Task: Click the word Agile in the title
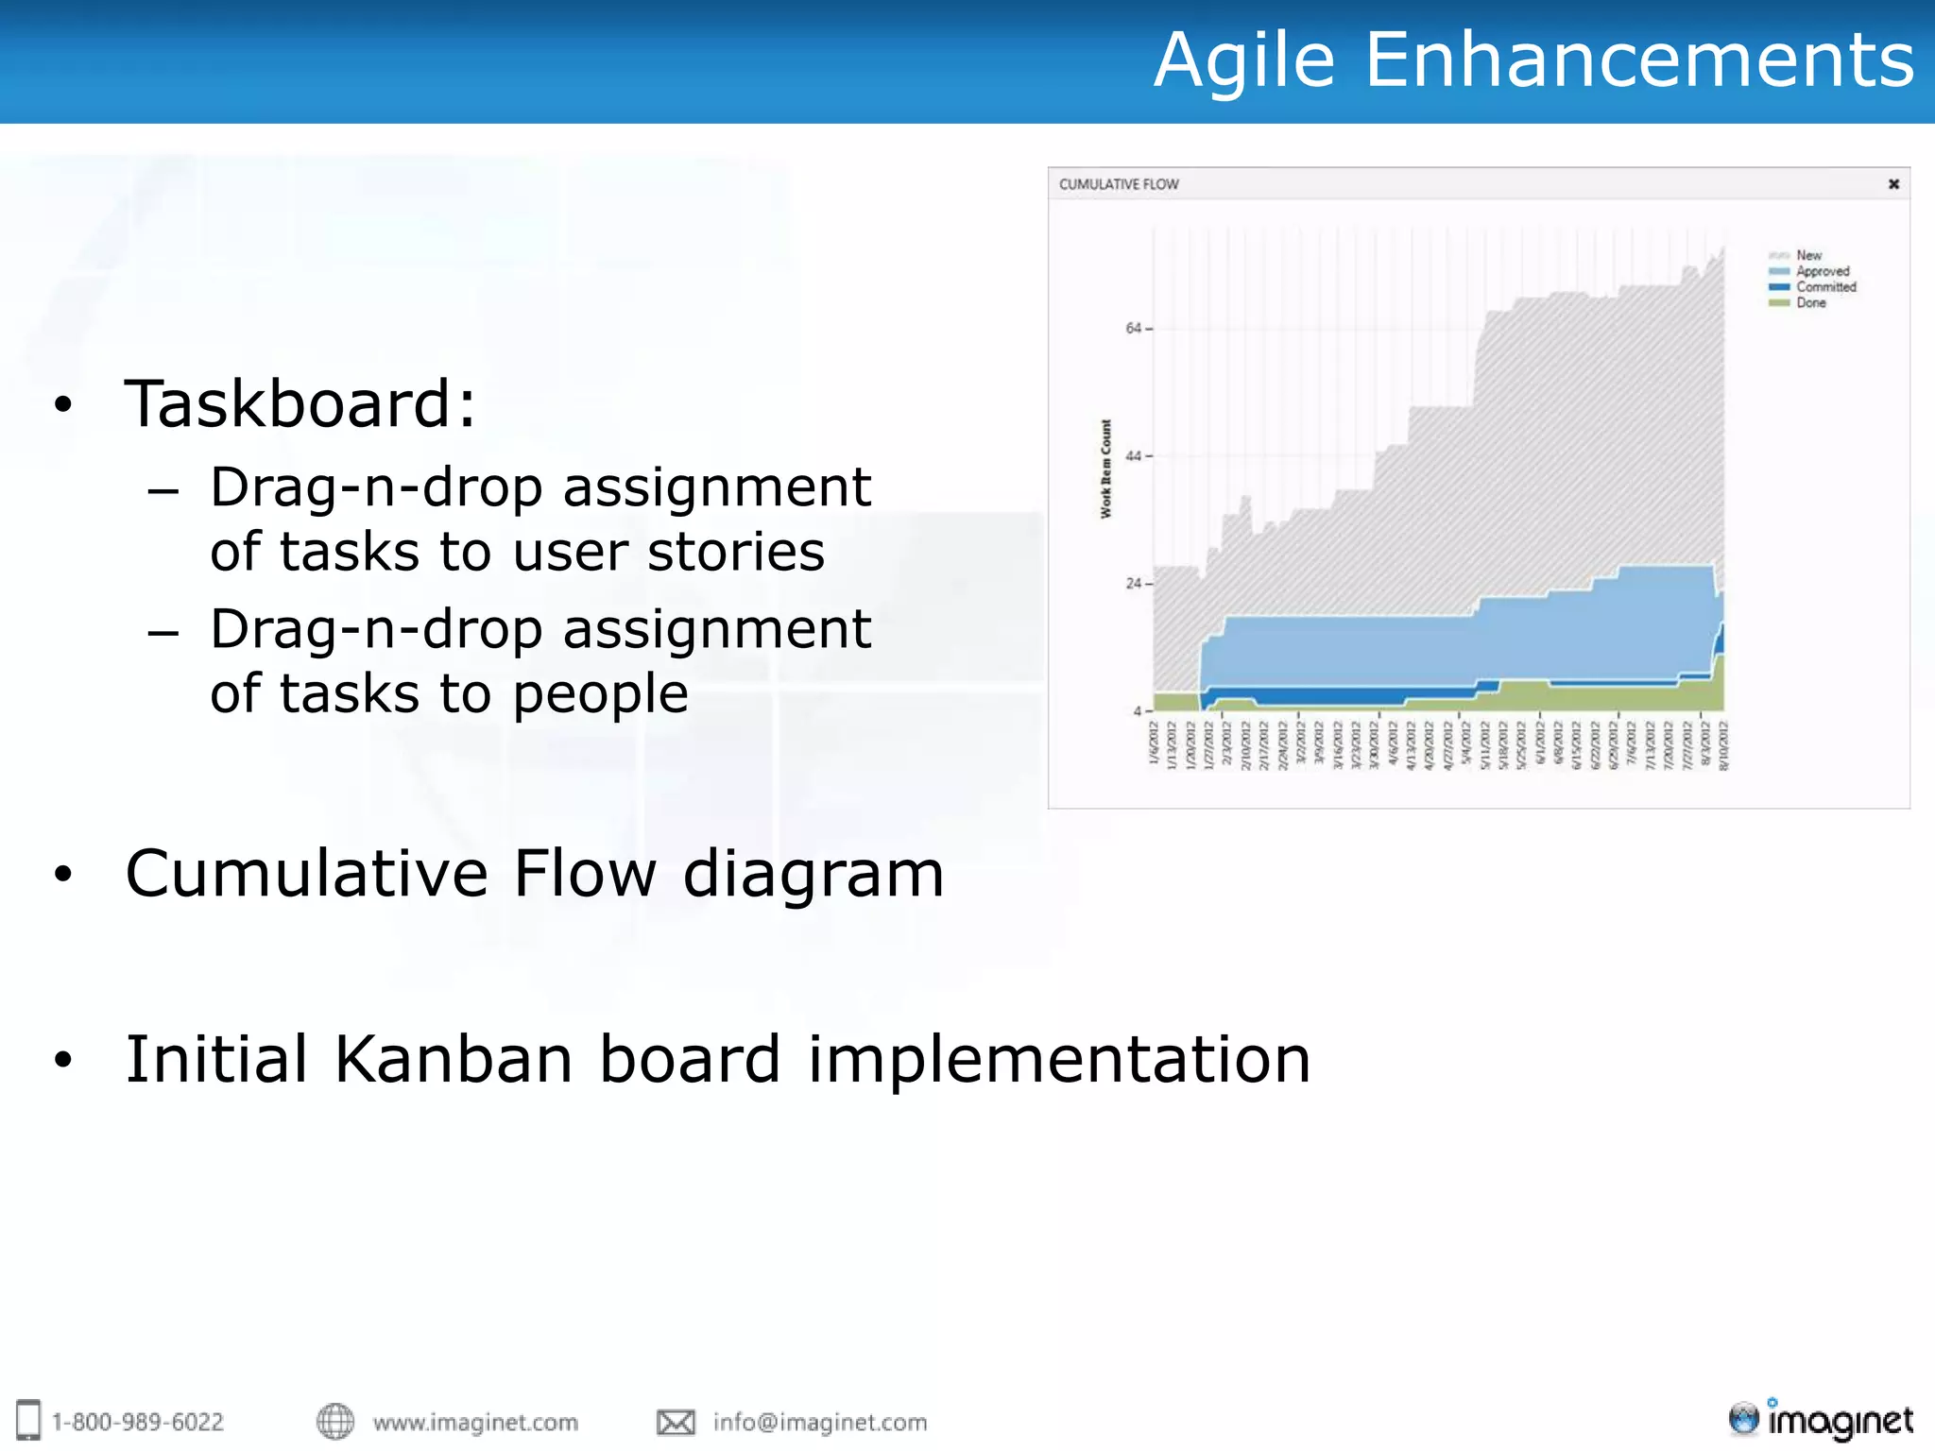point(1243,61)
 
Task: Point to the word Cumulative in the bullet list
point(307,873)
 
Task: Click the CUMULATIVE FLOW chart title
point(1119,184)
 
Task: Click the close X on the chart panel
point(1893,184)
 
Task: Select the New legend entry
point(1808,255)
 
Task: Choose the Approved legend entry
point(1822,271)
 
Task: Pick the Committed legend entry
point(1825,287)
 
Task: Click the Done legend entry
point(1810,303)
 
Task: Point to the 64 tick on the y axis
point(1134,329)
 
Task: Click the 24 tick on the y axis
point(1134,584)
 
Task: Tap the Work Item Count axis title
point(1105,469)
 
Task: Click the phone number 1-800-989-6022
point(138,1422)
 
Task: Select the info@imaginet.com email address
point(819,1422)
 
